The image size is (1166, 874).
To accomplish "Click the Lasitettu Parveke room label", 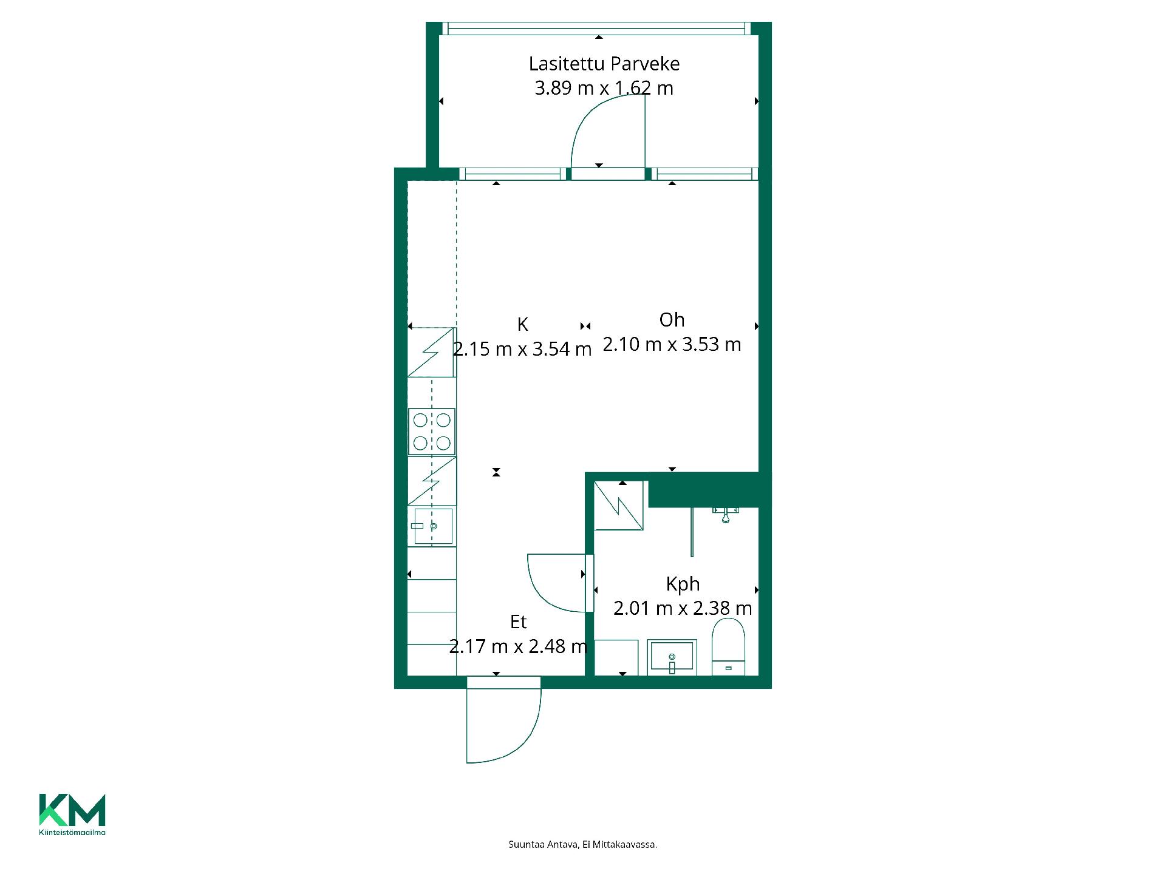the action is click(604, 64).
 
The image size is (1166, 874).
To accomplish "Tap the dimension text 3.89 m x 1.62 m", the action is click(604, 88).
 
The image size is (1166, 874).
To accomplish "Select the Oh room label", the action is click(672, 320).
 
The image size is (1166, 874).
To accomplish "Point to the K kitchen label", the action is click(522, 325).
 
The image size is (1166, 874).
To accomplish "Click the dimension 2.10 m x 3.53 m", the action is click(672, 344).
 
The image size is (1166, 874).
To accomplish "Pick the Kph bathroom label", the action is click(683, 584).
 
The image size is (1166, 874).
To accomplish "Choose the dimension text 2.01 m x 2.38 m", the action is click(683, 608).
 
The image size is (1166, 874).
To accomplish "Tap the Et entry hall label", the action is click(518, 622).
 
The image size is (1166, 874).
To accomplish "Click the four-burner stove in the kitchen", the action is click(432, 432).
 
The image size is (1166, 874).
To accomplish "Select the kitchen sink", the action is click(433, 526).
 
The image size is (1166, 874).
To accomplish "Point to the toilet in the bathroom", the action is click(728, 647).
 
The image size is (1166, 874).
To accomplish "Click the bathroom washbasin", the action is click(671, 657).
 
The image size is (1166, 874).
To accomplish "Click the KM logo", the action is click(72, 810).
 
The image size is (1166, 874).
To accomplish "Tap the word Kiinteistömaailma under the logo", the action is click(72, 832).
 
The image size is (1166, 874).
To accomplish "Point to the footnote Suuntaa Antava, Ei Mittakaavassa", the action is click(583, 844).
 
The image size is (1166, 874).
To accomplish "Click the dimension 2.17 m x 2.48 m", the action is click(518, 646).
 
